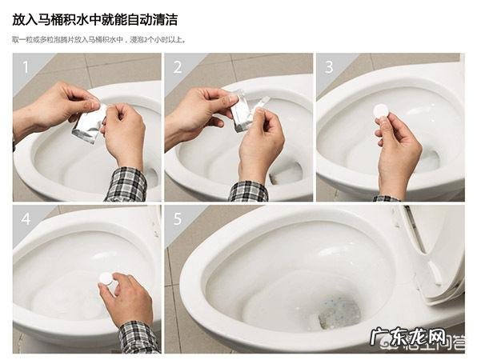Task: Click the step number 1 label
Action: (26, 67)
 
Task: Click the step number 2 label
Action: (178, 67)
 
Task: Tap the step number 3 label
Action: (329, 67)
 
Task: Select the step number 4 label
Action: (26, 218)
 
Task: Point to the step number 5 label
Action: (178, 218)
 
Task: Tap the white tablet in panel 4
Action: (105, 278)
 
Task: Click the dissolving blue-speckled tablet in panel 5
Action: (339, 312)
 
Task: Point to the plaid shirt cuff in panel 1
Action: (126, 185)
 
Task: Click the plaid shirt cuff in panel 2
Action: (248, 191)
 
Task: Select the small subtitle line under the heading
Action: (110, 38)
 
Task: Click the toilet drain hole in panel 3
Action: (428, 160)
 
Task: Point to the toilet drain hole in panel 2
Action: (288, 172)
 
